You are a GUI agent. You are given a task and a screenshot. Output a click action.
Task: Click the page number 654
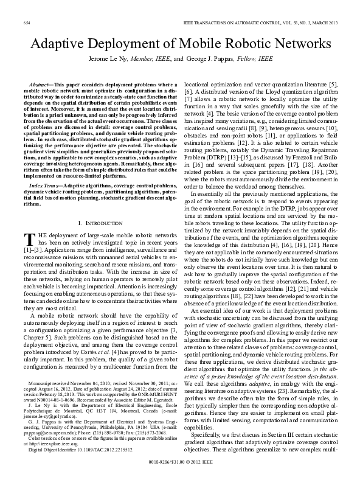click(27, 22)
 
